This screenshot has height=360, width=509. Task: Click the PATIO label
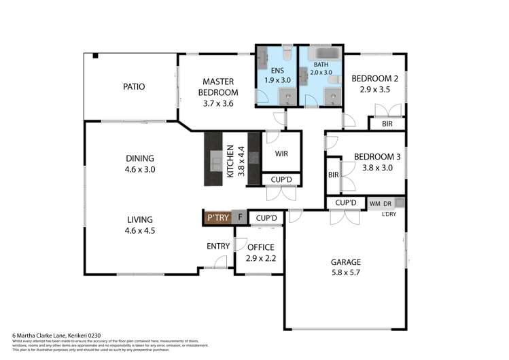(x=134, y=86)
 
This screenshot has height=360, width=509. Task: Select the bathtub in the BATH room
(x=321, y=54)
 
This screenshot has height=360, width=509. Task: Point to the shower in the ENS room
(x=289, y=97)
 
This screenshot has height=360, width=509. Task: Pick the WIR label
(x=281, y=154)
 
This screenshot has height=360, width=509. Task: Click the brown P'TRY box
(x=217, y=217)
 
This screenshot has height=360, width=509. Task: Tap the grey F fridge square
(x=239, y=217)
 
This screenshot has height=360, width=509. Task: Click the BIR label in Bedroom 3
(x=333, y=175)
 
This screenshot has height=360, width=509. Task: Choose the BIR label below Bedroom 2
(x=387, y=124)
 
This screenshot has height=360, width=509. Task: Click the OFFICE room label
(x=260, y=247)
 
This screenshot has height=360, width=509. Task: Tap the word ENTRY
(x=218, y=246)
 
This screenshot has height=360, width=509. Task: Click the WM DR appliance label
(x=381, y=203)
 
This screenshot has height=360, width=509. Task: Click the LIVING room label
(x=140, y=219)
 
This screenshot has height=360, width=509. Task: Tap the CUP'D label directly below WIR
(x=281, y=180)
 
